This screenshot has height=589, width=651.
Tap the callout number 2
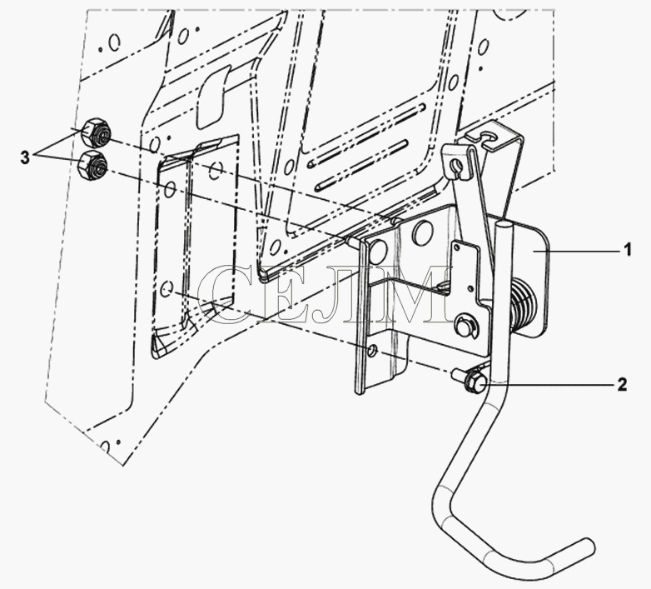(x=622, y=385)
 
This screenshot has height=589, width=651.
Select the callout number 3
(x=25, y=157)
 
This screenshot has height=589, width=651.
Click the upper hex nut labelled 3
(x=97, y=132)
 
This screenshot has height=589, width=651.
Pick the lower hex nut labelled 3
(x=92, y=165)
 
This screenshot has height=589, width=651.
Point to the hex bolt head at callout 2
(x=474, y=380)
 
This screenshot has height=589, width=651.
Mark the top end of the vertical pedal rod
(x=504, y=225)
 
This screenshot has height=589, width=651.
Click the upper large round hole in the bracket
(x=423, y=232)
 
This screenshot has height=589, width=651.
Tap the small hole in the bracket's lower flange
(x=372, y=351)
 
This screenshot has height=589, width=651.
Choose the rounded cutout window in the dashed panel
(x=214, y=96)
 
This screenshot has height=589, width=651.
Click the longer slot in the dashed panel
(x=367, y=134)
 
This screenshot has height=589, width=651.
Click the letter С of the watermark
(x=224, y=294)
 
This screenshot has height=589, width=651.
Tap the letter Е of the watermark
(x=276, y=294)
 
